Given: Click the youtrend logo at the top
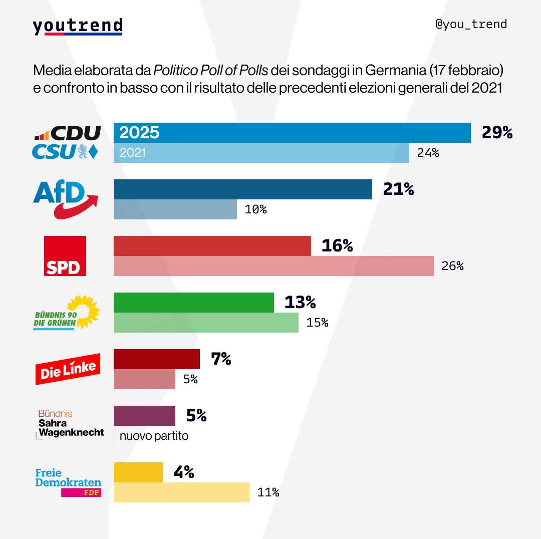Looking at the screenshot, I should coord(78,26).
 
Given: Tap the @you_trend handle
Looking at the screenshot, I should coord(471,24).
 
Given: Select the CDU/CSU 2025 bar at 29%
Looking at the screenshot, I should coord(292,133).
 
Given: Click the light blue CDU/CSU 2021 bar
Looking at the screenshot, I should coord(261,153).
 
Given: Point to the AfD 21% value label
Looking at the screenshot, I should coord(398,189).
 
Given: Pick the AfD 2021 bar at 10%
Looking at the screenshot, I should coord(175,209).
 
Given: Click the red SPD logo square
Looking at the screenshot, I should coord(65,255).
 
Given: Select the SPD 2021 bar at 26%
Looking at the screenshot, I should coord(274,266).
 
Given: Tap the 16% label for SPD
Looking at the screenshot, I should coord(337,246).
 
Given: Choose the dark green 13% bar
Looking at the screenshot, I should coord(194,303).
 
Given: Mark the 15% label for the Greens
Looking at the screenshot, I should coord(317,323).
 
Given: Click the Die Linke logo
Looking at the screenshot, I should coord(68,369).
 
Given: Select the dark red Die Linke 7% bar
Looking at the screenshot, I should coord(157,359).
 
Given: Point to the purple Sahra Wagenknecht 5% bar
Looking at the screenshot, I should coord(145,416).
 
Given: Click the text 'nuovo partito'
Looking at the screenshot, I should coord(154,436).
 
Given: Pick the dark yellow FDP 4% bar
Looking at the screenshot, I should coord(138,472).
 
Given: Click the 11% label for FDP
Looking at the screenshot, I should coord(268,492).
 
